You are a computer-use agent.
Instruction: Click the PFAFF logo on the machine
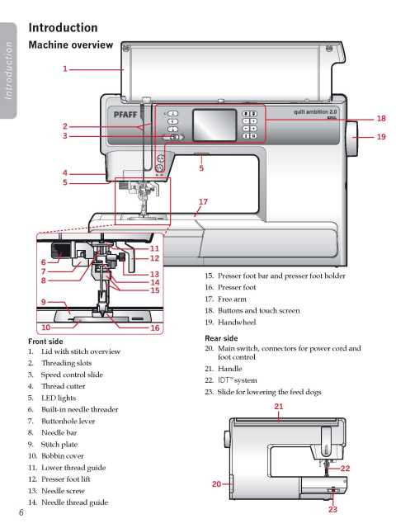125,115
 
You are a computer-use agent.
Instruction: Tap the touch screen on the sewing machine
214,125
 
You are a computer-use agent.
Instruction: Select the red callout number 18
381,119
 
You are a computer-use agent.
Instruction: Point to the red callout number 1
65,69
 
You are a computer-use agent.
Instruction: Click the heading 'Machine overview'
71,45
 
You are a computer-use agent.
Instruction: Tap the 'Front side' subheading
45,341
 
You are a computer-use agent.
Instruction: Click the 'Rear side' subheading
221,338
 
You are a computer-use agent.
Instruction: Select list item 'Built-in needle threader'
80,409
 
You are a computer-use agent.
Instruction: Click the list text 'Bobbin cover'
63,456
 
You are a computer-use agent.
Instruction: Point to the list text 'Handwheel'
237,323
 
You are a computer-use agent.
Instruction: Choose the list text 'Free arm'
232,299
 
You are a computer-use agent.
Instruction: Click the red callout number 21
279,407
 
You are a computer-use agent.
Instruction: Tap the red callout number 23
332,510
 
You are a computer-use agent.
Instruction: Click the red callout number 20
216,484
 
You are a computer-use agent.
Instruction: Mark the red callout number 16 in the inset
155,328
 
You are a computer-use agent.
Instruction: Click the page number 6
21,512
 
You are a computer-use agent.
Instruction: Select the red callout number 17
203,201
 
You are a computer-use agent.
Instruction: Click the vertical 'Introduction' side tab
8,71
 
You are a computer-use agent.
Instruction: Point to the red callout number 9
44,302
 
